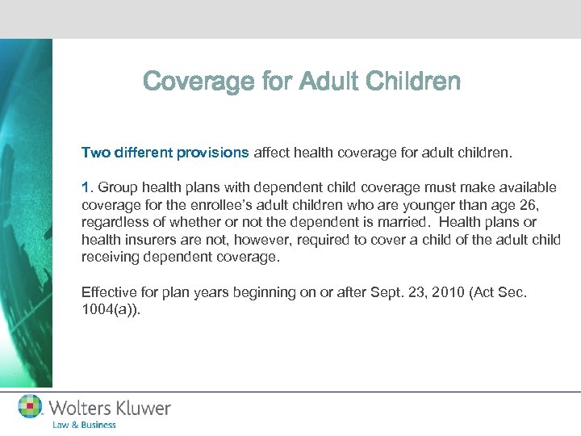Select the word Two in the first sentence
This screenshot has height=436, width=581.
(x=93, y=151)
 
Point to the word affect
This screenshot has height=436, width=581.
(x=275, y=151)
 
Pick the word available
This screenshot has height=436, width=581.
(x=526, y=187)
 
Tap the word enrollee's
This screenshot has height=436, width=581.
(x=221, y=205)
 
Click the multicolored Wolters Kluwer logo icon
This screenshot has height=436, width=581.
(x=31, y=406)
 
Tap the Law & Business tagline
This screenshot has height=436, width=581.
(x=85, y=425)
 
